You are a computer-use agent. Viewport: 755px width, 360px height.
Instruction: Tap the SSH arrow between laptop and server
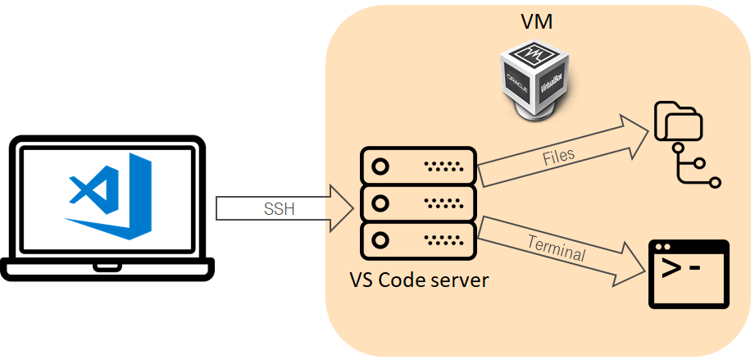coord(283,208)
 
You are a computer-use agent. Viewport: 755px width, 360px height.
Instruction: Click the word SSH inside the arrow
coord(280,209)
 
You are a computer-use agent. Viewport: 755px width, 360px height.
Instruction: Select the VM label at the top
coord(536,22)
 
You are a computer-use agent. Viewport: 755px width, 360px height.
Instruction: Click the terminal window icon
coord(689,274)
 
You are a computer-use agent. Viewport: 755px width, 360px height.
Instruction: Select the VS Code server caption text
coord(419,280)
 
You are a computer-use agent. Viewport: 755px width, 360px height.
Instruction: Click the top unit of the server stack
coord(418,166)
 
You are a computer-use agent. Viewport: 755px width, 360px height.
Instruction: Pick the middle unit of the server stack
coord(418,203)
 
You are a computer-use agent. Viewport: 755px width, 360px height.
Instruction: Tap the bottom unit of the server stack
coord(418,239)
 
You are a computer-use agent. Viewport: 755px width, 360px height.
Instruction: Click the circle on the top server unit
coord(380,166)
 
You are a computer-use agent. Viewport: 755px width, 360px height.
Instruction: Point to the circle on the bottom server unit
coord(380,239)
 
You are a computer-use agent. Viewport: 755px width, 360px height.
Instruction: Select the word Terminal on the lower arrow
coord(557,248)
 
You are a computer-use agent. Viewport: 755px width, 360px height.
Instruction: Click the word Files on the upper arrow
coord(558,156)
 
